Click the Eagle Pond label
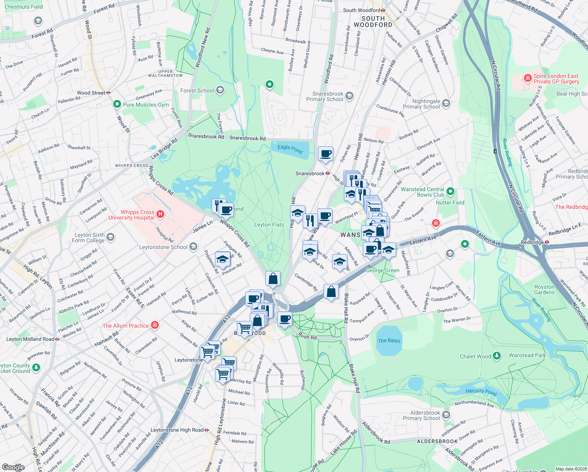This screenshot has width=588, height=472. [290, 149]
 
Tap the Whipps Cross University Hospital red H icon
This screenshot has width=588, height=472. [160, 214]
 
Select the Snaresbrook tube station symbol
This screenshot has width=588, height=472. [327, 173]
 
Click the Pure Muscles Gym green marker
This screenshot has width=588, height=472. [117, 104]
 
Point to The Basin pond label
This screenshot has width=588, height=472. [389, 341]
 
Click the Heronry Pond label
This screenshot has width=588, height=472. [481, 392]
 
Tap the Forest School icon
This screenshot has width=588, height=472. [220, 90]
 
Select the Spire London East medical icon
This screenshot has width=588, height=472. [528, 78]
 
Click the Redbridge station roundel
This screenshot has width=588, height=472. [547, 242]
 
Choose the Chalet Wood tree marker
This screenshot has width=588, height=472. [497, 356]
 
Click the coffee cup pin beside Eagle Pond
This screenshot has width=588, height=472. [325, 153]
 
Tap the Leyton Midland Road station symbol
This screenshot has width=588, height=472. [57, 339]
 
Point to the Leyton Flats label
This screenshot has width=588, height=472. [269, 225]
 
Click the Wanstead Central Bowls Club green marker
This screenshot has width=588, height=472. [450, 192]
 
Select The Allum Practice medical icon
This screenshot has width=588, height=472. [155, 325]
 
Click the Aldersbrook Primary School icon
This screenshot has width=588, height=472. [446, 415]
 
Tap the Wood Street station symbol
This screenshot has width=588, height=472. [108, 93]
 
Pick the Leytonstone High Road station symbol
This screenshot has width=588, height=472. [207, 430]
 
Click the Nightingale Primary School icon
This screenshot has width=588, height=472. [446, 103]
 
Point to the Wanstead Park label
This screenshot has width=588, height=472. [527, 355]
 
